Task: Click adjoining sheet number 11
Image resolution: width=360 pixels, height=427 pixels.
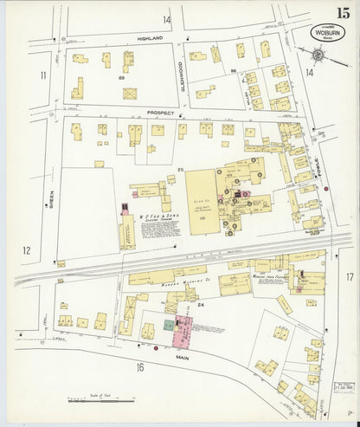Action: pyautogui.click(x=42, y=76)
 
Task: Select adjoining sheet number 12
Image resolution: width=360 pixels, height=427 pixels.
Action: pyautogui.click(x=27, y=251)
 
